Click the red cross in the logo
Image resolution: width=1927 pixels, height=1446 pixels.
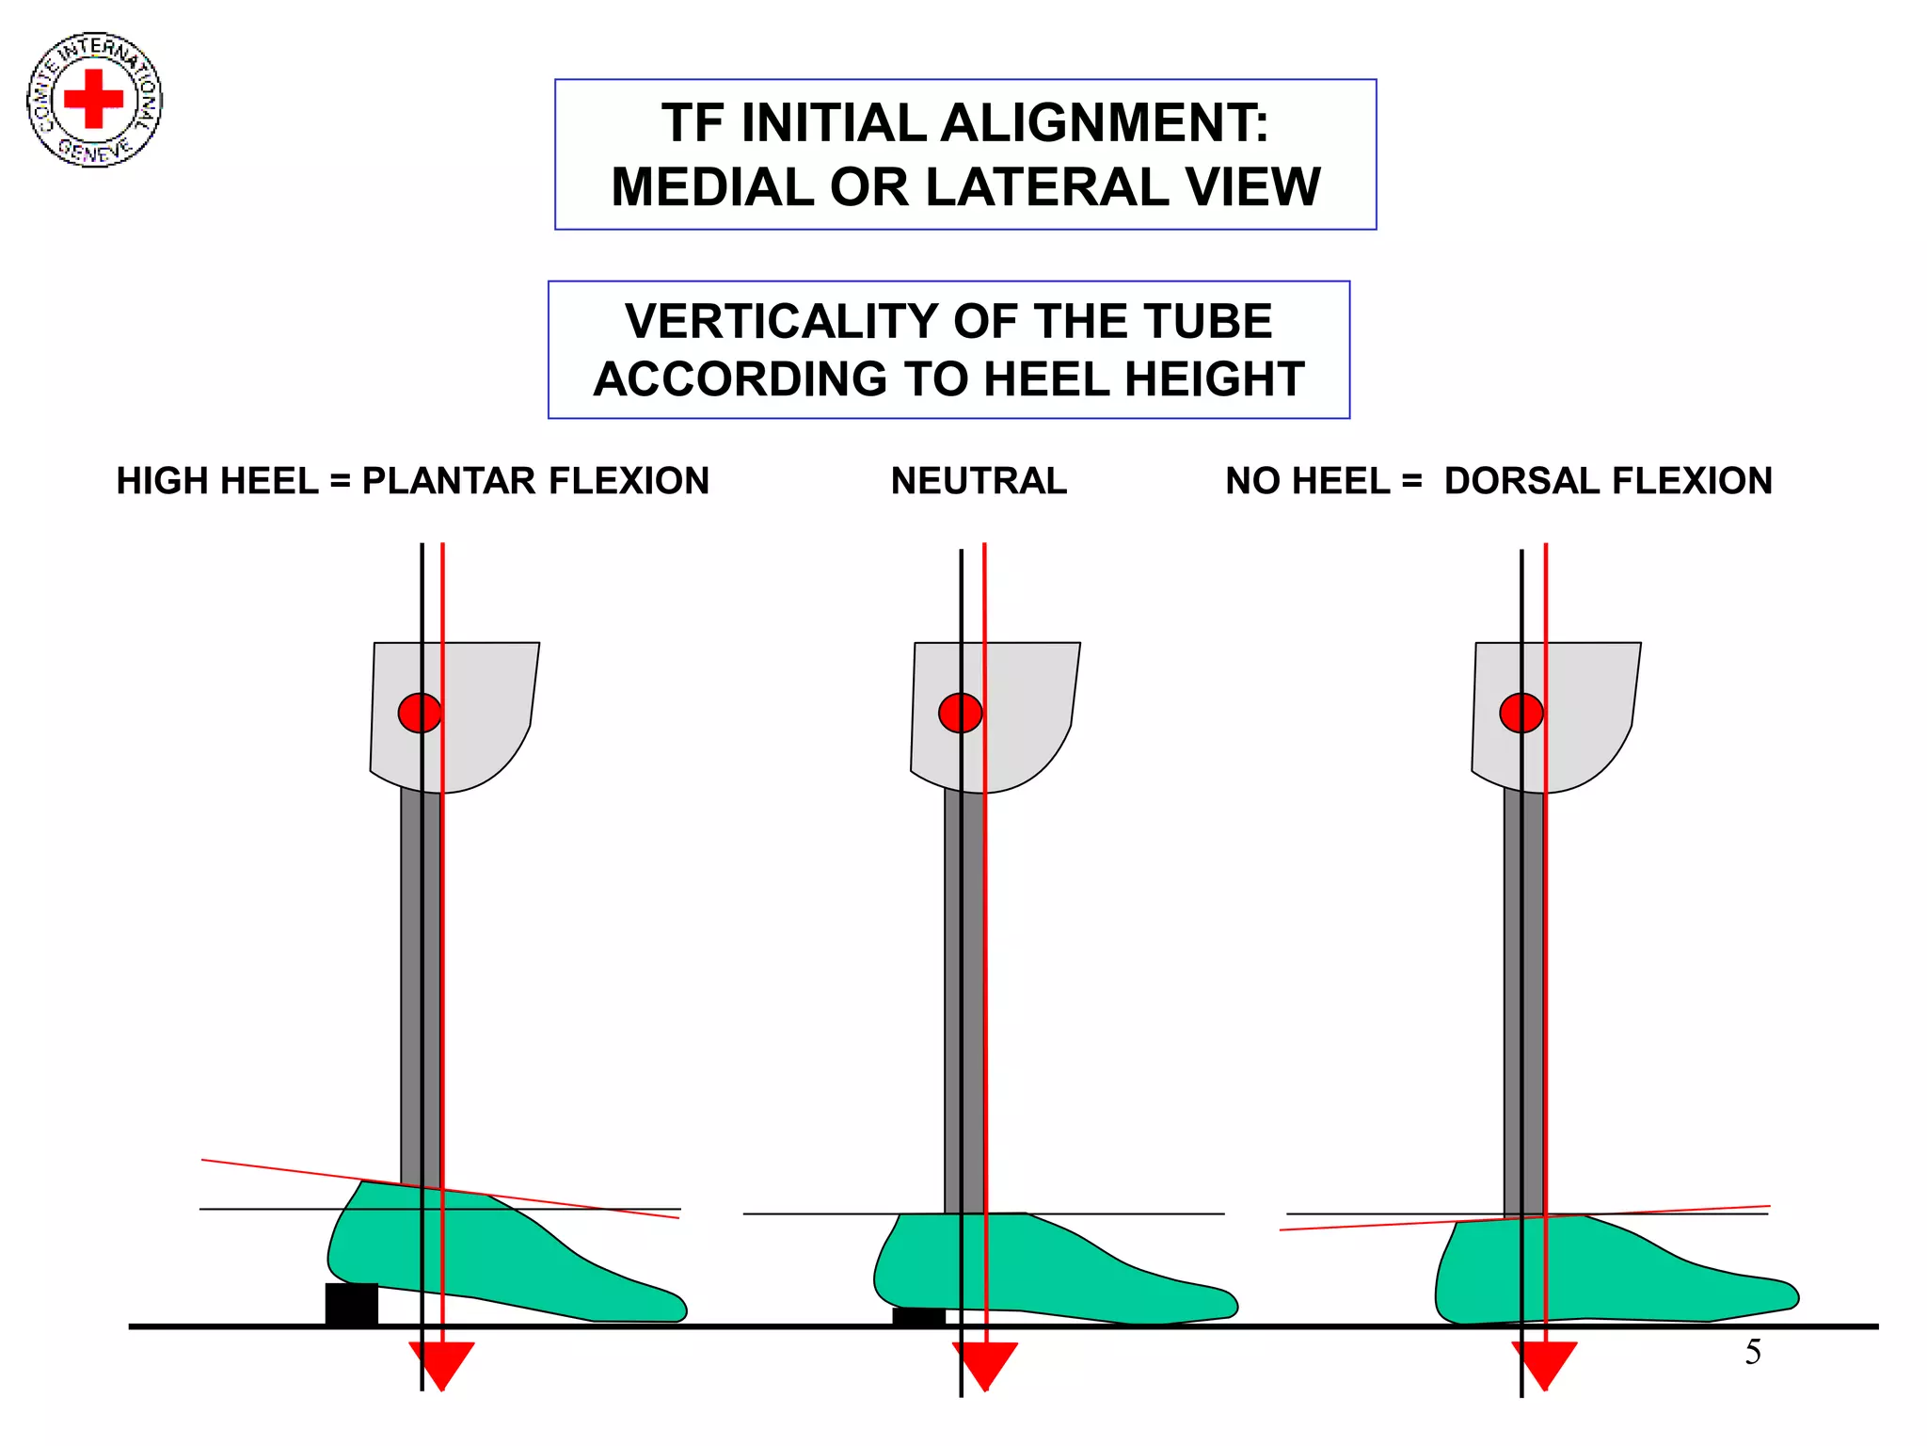(x=93, y=98)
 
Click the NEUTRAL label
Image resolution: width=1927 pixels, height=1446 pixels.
(x=979, y=481)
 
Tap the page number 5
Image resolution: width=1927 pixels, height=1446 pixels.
(x=1753, y=1352)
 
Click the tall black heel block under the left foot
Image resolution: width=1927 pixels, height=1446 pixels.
(x=351, y=1303)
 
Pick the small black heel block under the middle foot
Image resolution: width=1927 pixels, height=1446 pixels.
(x=917, y=1316)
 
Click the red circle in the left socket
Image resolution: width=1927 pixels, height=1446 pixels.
(x=420, y=713)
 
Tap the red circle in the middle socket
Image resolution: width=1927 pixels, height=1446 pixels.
(x=960, y=713)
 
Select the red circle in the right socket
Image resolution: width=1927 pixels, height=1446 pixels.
(x=1521, y=713)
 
